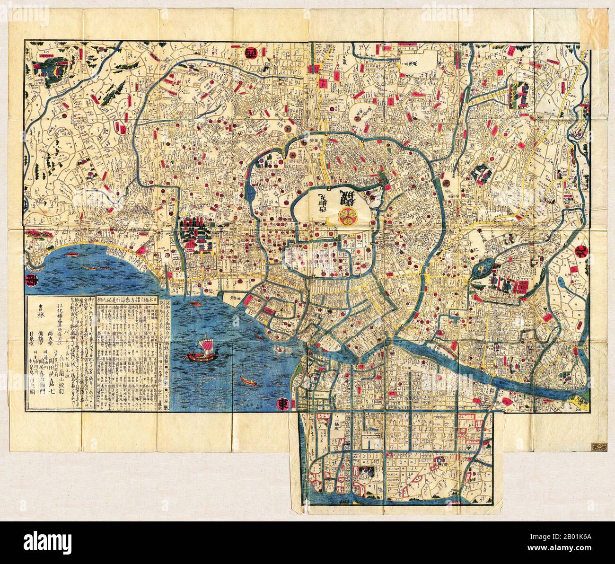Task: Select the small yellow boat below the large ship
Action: [x=246, y=379]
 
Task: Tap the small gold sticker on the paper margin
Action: [x=597, y=446]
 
